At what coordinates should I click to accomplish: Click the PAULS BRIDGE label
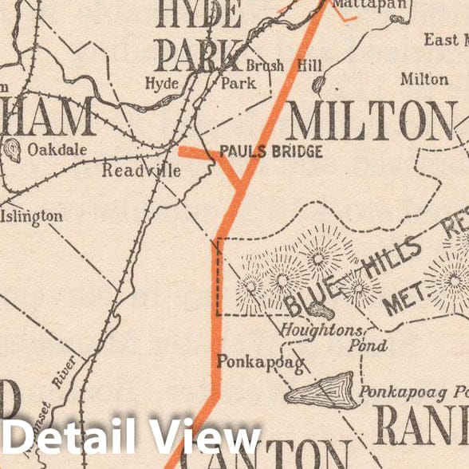pyautogui.click(x=270, y=152)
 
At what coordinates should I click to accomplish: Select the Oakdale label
pyautogui.click(x=56, y=148)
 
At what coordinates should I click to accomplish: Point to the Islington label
pyautogui.click(x=32, y=216)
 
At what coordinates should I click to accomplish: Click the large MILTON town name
pyautogui.click(x=371, y=122)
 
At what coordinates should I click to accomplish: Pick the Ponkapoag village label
pyautogui.click(x=260, y=362)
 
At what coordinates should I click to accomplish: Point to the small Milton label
pyautogui.click(x=424, y=80)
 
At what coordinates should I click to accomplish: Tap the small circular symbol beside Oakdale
pyautogui.click(x=13, y=149)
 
